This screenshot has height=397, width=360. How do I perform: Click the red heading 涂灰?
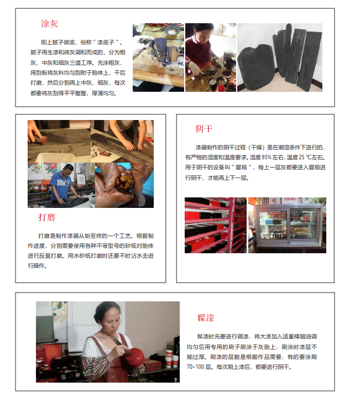50,24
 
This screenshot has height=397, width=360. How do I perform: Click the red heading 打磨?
47,217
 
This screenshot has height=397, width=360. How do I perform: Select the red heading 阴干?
204,129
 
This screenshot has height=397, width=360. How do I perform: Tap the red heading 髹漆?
206,318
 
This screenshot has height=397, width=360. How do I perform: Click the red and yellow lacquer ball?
124,181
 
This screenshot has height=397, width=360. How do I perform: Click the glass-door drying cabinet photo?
287,225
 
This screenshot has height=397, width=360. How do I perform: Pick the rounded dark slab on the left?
255,68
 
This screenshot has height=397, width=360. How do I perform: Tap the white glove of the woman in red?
195,69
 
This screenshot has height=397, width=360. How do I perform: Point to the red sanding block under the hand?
40,139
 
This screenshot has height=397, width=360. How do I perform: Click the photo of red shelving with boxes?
216,225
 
